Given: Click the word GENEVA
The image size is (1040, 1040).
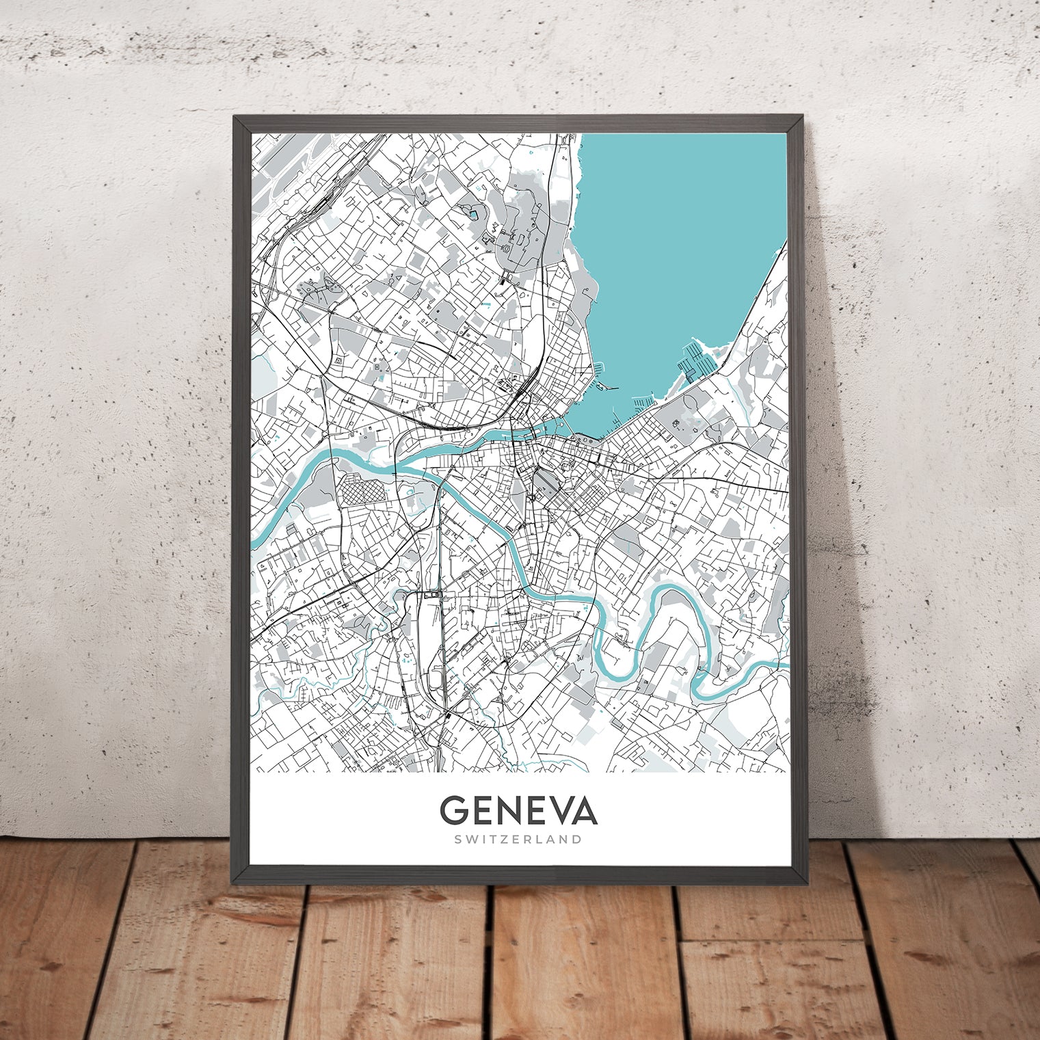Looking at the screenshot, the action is point(518,810).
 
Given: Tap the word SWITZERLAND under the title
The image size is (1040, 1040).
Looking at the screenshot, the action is point(518,839).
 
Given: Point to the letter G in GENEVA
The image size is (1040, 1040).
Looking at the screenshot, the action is point(453,810).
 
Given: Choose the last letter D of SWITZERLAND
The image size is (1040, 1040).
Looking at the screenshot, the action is point(578,839).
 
